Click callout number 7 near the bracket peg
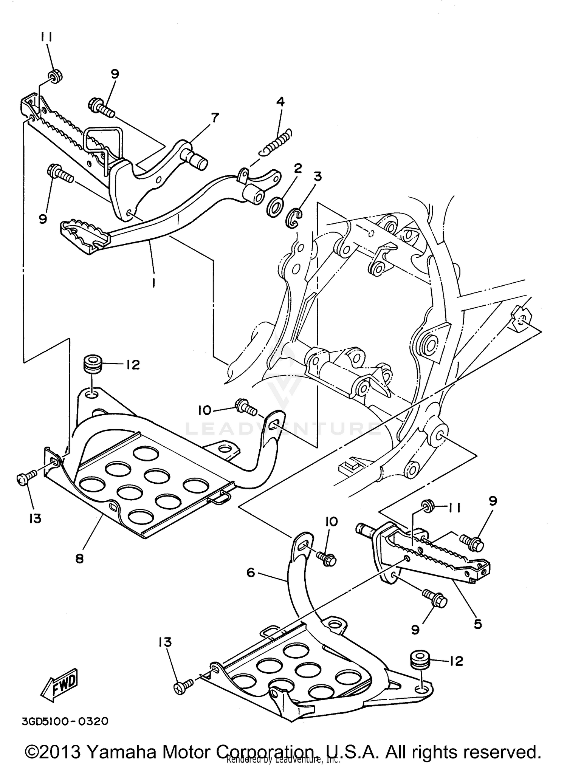click(x=215, y=118)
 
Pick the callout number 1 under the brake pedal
click(x=153, y=282)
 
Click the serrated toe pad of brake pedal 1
click(x=84, y=232)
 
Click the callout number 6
click(x=251, y=573)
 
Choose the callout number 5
click(x=478, y=624)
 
